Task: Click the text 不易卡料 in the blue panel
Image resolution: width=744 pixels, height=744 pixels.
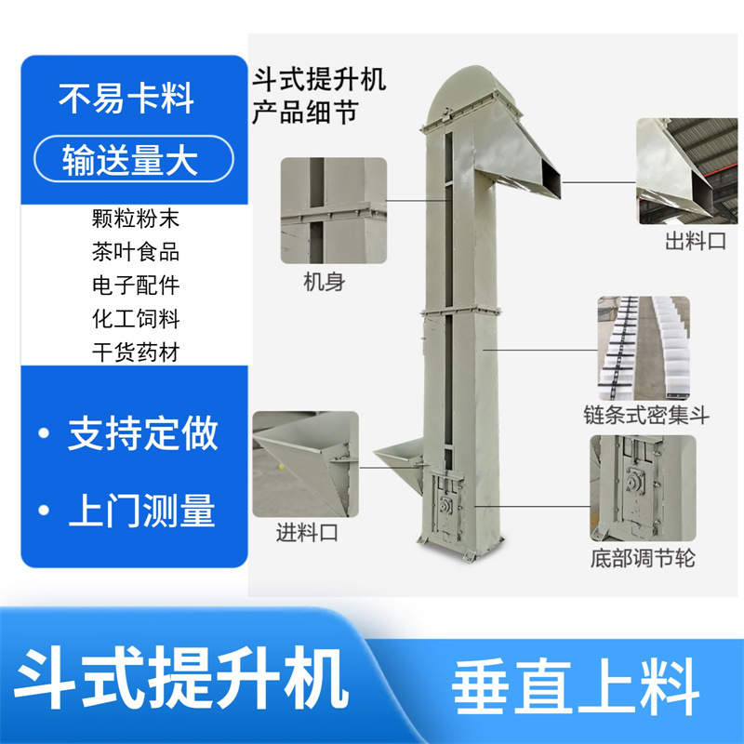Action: pos(127,100)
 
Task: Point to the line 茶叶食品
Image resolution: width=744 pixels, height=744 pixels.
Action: pos(136,252)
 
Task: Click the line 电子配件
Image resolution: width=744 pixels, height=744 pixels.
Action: pos(136,286)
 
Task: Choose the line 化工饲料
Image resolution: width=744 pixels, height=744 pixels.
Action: pos(136,318)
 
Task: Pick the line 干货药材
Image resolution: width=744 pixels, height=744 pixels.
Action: pos(136,352)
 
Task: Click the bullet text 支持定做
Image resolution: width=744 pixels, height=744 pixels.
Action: pos(141,433)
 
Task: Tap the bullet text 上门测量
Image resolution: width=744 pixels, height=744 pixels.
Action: pos(141,511)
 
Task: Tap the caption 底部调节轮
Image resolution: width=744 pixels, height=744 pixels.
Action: pos(643,559)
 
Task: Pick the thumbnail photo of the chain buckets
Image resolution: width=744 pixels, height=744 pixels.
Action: pos(644,347)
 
